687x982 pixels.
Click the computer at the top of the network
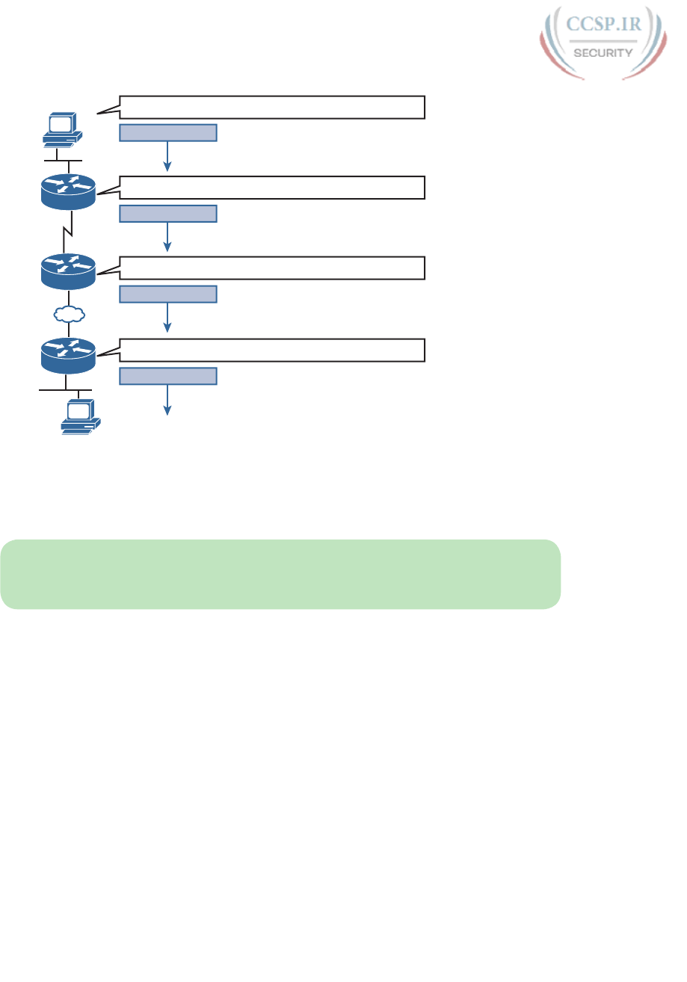click(62, 130)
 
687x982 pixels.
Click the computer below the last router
click(80, 416)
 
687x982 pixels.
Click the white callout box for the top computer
click(272, 108)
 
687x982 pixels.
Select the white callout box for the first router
click(272, 188)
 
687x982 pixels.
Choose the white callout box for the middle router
click(272, 268)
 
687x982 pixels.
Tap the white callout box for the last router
click(272, 350)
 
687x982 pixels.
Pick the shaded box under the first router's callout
click(168, 214)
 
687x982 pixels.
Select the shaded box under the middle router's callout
click(168, 294)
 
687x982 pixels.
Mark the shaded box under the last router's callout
click(168, 376)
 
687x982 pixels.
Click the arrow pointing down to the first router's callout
click(168, 157)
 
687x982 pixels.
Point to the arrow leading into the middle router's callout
click(168, 237)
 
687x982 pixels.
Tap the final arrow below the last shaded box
click(168, 400)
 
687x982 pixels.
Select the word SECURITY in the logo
click(603, 53)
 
